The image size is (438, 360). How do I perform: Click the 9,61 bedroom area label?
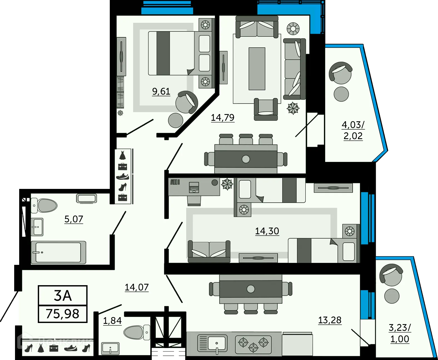(x=161, y=91)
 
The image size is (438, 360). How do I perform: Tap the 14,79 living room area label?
(x=222, y=118)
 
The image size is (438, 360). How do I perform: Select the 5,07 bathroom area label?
(x=74, y=219)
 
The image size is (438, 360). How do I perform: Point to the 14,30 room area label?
(x=267, y=231)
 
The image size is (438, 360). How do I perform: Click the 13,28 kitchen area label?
(x=330, y=320)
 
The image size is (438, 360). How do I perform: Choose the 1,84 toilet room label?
(x=112, y=321)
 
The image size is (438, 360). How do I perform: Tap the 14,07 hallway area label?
(x=136, y=287)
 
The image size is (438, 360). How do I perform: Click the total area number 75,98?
(x=63, y=314)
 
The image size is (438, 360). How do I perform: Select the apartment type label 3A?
(x=63, y=296)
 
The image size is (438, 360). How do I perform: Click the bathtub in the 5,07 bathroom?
(x=58, y=252)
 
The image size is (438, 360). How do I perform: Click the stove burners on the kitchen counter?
(x=253, y=344)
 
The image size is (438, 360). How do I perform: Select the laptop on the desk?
(x=194, y=188)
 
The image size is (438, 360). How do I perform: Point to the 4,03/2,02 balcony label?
(x=353, y=130)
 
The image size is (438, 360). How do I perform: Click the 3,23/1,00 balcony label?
(x=400, y=333)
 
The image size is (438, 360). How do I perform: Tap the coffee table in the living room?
(x=257, y=69)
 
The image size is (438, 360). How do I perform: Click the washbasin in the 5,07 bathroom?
(x=37, y=227)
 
